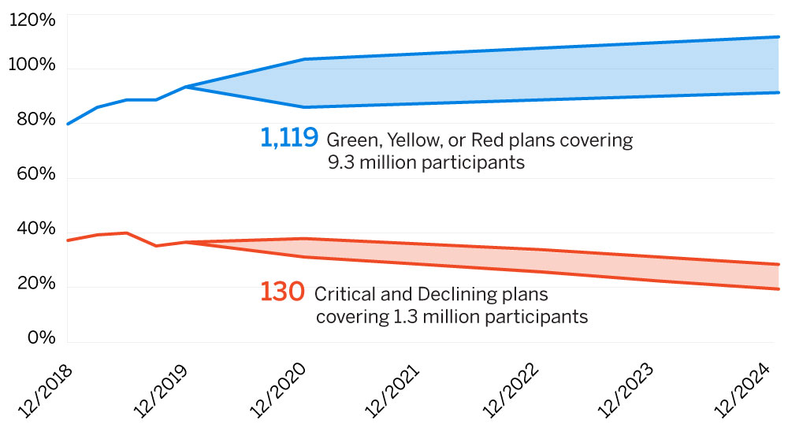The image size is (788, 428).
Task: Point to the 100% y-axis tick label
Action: tap(32, 65)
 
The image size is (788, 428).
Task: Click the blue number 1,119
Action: tap(289, 139)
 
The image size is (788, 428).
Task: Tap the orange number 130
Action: tap(281, 292)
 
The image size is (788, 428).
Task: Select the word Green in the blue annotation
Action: tap(350, 141)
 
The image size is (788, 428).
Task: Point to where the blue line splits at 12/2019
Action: tap(185, 87)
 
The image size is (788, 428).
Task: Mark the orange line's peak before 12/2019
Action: tap(126, 233)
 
